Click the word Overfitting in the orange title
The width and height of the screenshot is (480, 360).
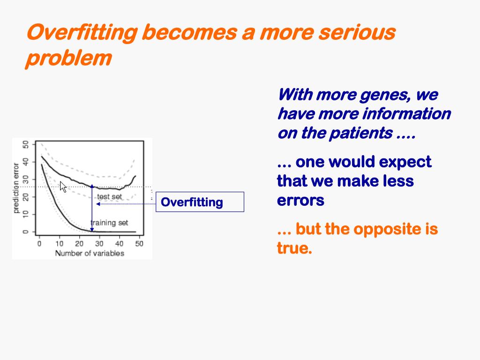(82, 33)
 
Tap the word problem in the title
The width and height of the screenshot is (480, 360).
(68, 59)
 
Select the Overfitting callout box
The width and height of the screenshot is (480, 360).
(200, 202)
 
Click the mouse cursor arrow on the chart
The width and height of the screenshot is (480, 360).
(63, 187)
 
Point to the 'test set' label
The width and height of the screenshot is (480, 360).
(110, 196)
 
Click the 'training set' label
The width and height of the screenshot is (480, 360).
(109, 223)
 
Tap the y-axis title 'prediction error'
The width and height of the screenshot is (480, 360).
(16, 188)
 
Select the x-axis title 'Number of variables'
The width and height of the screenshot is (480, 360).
(90, 253)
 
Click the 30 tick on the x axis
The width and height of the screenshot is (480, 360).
(99, 244)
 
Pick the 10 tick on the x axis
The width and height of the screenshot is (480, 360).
(59, 244)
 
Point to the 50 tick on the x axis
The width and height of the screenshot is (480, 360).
(139, 244)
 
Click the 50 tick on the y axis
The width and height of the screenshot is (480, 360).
(26, 144)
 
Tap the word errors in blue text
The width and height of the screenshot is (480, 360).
(300, 201)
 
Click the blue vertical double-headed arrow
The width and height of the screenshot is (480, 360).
(92, 208)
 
